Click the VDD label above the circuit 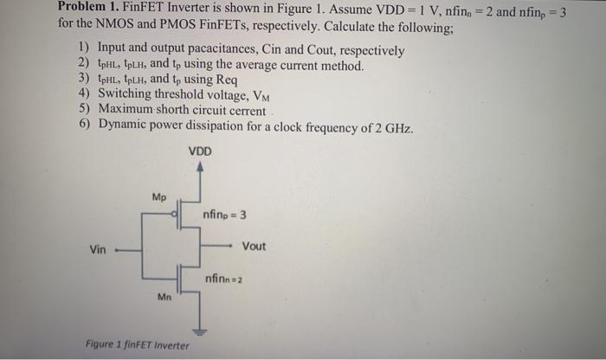199,151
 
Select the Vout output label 254,247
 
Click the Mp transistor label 158,196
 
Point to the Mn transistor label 164,298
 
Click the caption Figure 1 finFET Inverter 138,344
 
